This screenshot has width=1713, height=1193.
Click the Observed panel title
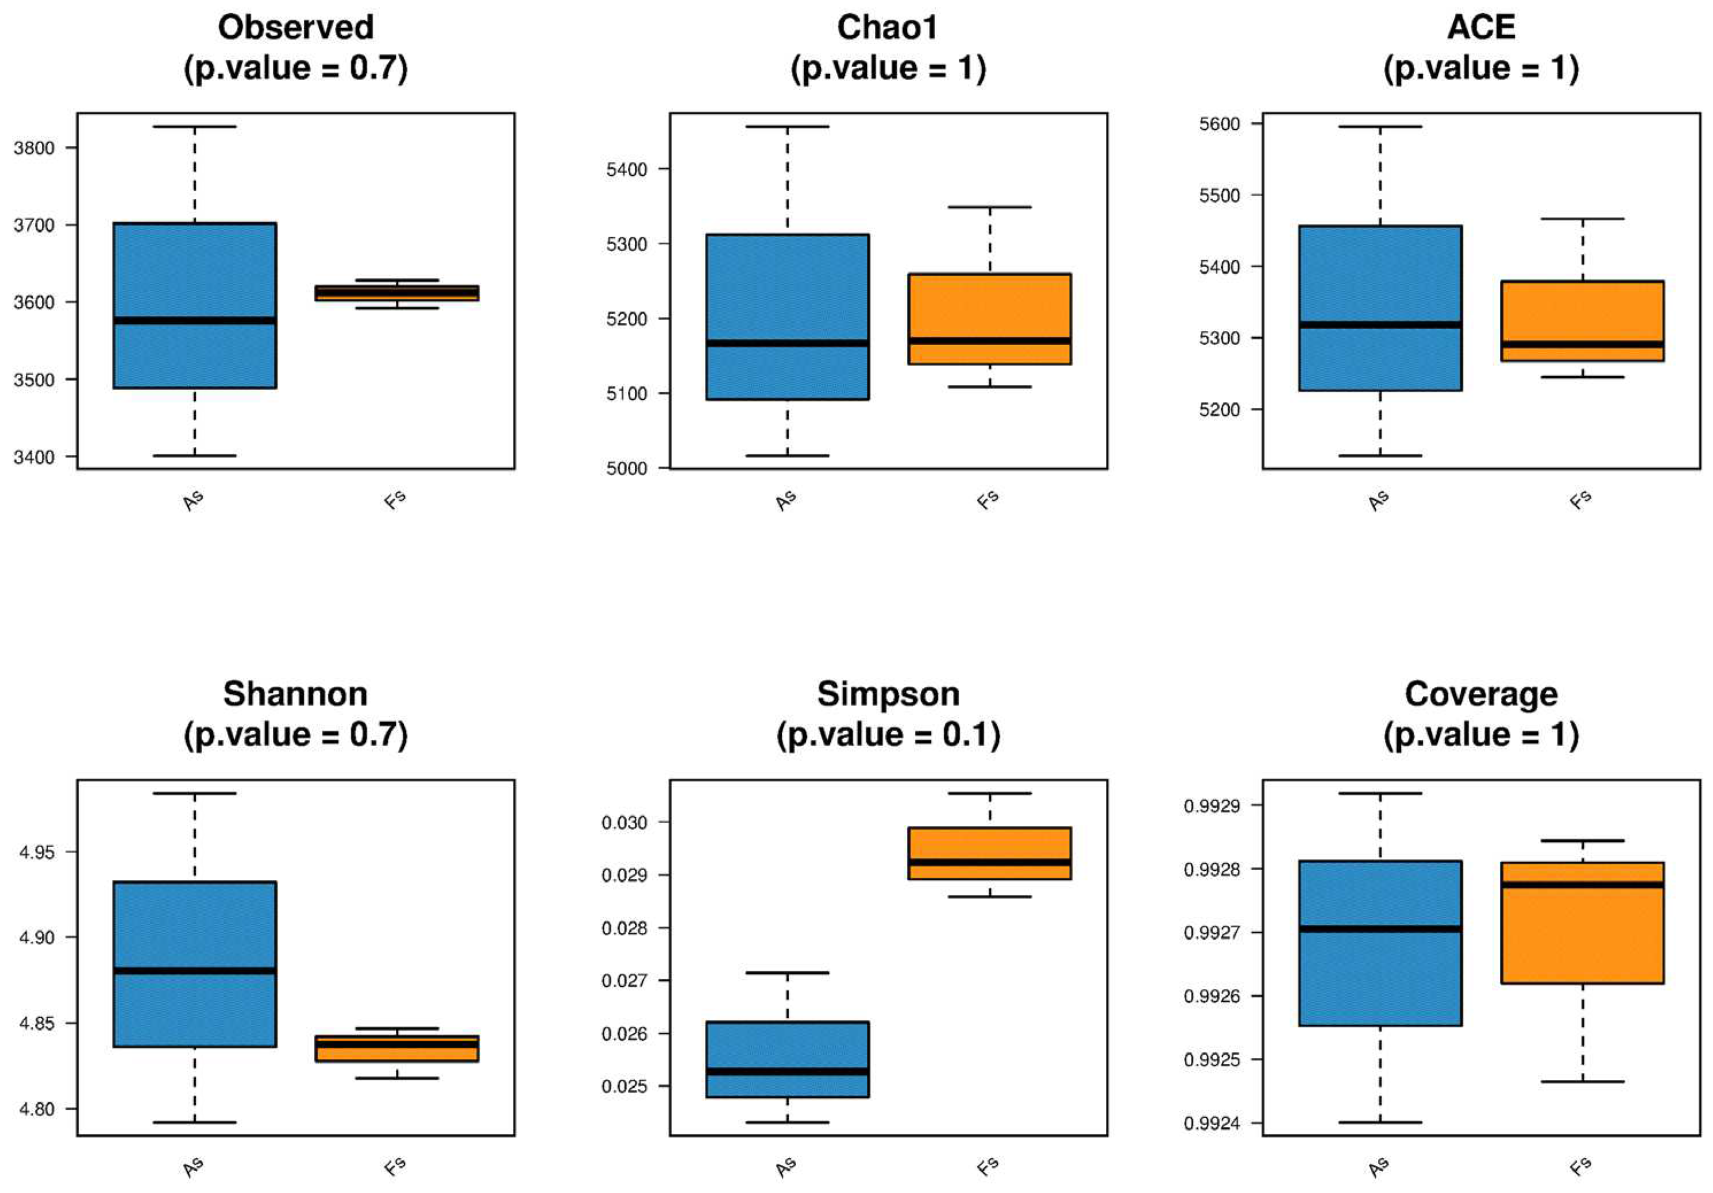pos(295,28)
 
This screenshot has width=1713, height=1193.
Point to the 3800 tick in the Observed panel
pos(34,148)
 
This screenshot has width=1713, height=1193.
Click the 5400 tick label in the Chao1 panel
pos(627,169)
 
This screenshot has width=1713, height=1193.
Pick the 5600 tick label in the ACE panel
pos(1219,124)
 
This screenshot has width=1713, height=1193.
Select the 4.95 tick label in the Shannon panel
pos(37,852)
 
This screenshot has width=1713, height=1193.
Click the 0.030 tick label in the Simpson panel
pos(625,822)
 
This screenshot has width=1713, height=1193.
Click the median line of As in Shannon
pos(195,971)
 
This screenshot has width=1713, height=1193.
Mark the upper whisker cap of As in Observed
pos(195,127)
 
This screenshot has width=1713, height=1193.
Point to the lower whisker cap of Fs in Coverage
pos(1583,1081)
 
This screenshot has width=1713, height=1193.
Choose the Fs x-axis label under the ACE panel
pos(1580,499)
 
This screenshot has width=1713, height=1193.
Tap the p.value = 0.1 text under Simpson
pos(888,735)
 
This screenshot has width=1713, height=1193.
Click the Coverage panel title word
pos(1480,694)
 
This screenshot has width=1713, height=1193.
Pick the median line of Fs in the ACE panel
pos(1583,344)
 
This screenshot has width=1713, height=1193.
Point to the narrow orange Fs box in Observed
pos(397,292)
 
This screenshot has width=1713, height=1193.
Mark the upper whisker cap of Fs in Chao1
pos(989,207)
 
